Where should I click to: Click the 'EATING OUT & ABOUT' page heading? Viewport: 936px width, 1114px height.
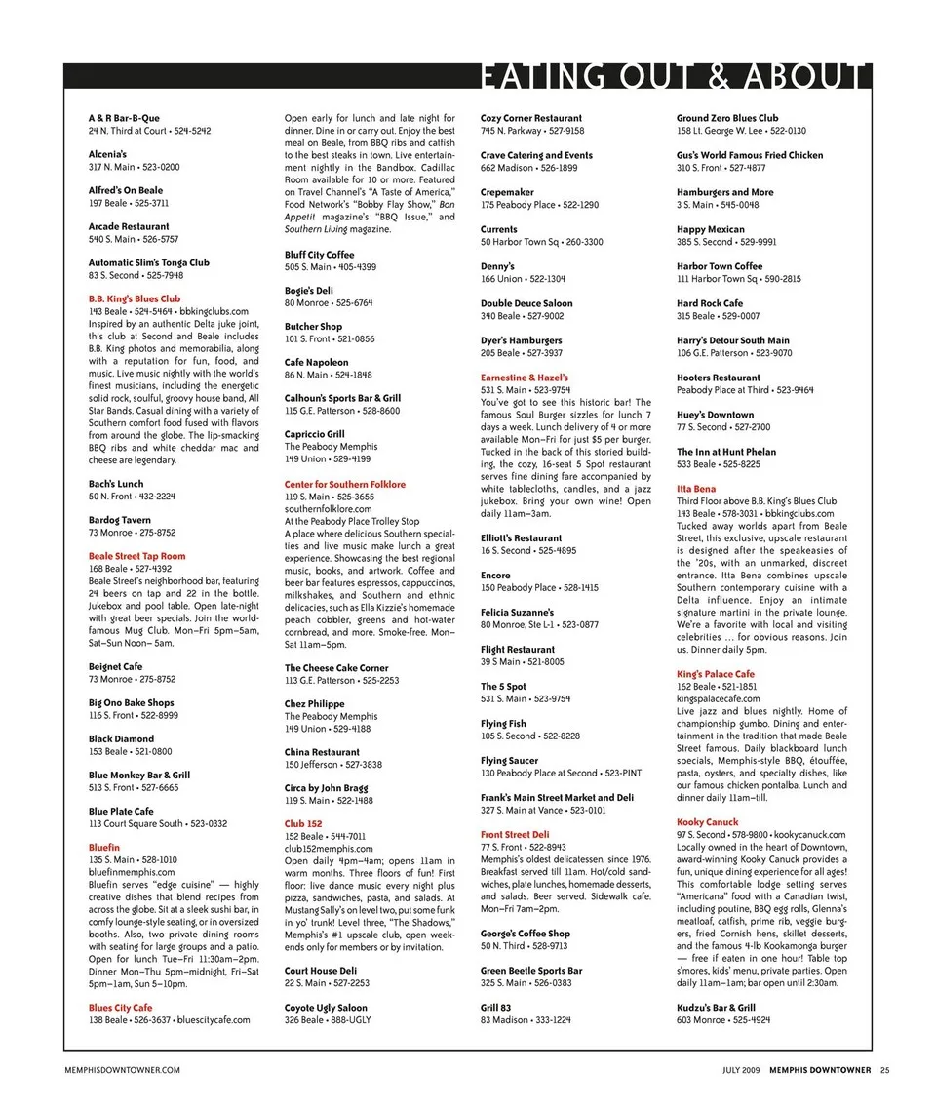point(674,78)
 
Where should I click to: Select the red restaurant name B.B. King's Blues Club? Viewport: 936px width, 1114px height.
point(135,299)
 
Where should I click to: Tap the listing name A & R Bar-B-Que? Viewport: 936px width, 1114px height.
point(124,118)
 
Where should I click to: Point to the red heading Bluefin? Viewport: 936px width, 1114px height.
point(104,848)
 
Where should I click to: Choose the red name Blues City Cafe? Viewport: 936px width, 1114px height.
point(121,1008)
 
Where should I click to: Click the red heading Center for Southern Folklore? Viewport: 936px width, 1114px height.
point(345,485)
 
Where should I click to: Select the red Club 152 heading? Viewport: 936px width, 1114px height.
point(303,824)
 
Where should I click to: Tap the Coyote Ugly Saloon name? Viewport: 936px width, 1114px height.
point(326,1008)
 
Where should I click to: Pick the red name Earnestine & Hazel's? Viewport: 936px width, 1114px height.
point(525,378)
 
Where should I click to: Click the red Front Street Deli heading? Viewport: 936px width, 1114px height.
point(515,835)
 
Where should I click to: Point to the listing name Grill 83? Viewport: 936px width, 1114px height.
point(495,1008)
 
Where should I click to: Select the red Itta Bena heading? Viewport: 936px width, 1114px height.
point(696,489)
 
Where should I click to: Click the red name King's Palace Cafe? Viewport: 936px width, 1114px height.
point(716,674)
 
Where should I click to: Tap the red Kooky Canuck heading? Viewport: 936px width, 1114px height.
point(708,822)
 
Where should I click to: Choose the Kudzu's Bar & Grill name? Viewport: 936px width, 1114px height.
point(716,1008)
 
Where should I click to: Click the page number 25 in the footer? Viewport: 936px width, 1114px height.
point(884,1070)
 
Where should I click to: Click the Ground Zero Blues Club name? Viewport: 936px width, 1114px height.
point(727,118)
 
